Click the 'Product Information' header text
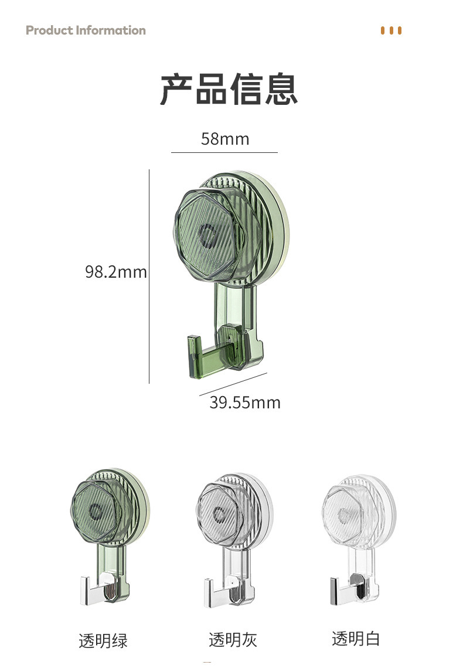click(x=86, y=30)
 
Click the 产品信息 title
click(x=229, y=89)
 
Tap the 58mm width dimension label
click(x=225, y=139)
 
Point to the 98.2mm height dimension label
click(x=116, y=272)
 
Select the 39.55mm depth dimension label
click(x=245, y=402)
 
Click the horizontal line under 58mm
click(x=224, y=152)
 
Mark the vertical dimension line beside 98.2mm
click(x=149, y=277)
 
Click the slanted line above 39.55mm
click(x=233, y=384)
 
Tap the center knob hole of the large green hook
click(x=209, y=236)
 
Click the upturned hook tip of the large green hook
click(x=194, y=356)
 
